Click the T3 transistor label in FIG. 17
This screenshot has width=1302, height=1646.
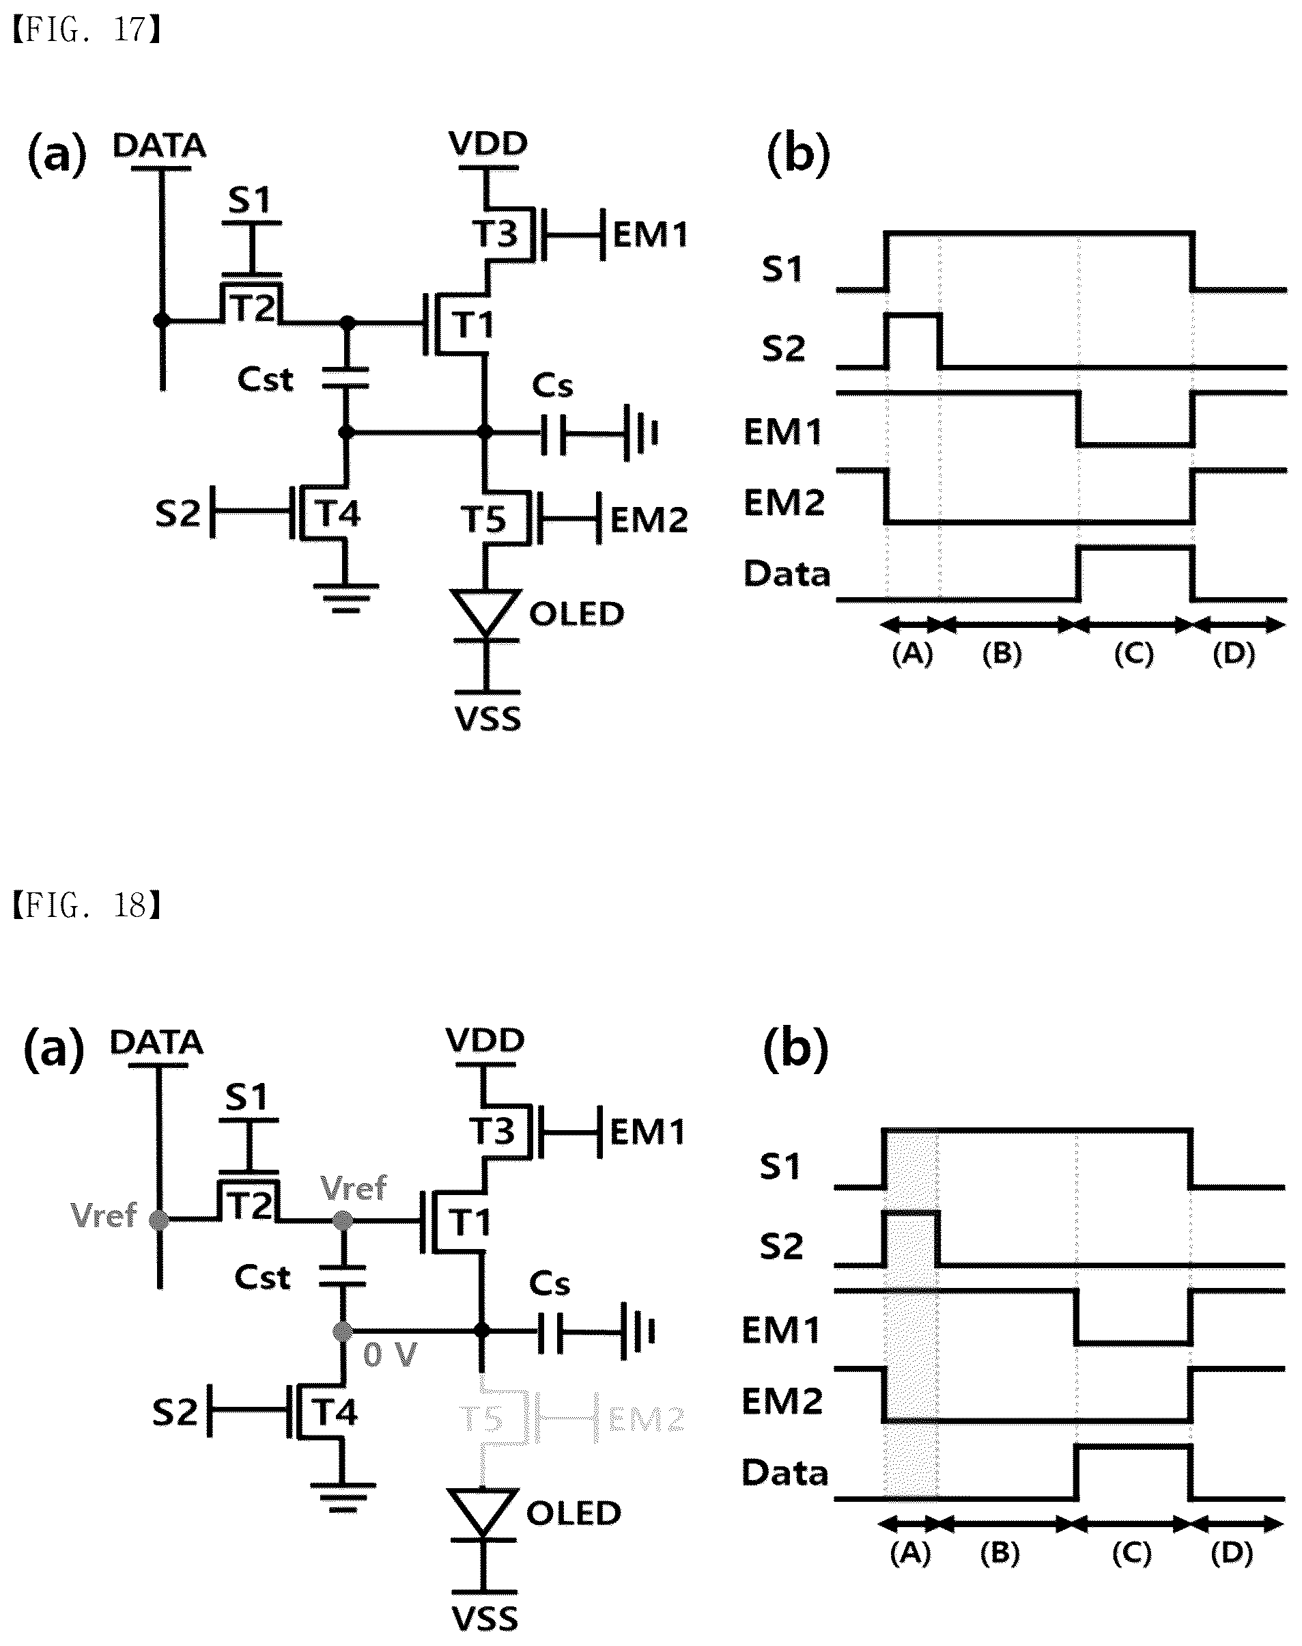(x=496, y=234)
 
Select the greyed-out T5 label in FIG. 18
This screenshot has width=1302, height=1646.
(x=483, y=1419)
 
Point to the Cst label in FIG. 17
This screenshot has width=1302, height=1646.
(x=266, y=379)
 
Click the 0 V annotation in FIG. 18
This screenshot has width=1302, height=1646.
(x=390, y=1355)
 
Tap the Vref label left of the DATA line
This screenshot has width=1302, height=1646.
(x=103, y=1215)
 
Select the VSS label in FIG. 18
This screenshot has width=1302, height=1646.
(x=485, y=1619)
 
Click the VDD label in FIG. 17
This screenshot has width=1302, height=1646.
(x=489, y=143)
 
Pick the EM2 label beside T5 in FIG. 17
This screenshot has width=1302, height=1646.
(x=649, y=520)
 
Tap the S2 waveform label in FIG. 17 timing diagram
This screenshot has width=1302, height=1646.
(x=784, y=348)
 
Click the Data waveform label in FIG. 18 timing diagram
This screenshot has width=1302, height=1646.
(x=785, y=1473)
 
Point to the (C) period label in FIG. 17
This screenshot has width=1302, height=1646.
(x=1133, y=654)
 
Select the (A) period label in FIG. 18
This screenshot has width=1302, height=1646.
(x=910, y=1554)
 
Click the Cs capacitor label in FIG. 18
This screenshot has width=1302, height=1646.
(x=550, y=1284)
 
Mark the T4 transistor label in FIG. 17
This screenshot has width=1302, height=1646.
(x=339, y=513)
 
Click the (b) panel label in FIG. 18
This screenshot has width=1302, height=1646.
(x=795, y=1050)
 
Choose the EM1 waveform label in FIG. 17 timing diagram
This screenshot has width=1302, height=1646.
(x=784, y=433)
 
